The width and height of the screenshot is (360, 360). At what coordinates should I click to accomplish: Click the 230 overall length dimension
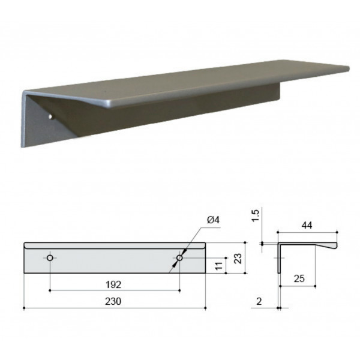tap(113, 301)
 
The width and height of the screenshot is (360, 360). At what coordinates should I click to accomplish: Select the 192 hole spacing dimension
tap(113, 284)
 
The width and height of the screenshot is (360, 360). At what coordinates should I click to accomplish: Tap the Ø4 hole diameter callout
tap(213, 220)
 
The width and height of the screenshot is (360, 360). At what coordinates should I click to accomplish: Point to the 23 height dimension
tap(238, 258)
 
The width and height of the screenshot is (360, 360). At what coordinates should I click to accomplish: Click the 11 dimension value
tap(219, 265)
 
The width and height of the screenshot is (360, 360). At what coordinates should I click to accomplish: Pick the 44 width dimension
tap(307, 225)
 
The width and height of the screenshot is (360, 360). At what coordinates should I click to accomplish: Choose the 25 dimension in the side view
tap(299, 278)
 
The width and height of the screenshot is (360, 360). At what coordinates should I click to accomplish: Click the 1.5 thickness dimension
tap(256, 215)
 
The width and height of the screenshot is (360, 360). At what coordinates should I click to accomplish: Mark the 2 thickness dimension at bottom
tap(259, 301)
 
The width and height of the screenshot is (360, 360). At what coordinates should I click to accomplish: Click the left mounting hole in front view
tap(50, 258)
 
